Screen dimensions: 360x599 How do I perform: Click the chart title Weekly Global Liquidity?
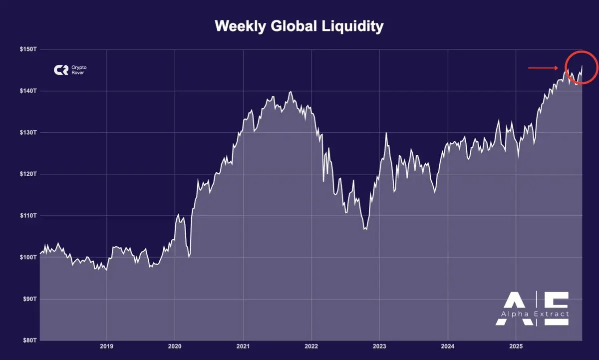click(x=299, y=26)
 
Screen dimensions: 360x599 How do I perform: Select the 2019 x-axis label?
click(x=106, y=346)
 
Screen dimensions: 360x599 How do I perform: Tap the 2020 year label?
click(x=175, y=346)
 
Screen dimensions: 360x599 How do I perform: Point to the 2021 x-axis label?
click(x=243, y=346)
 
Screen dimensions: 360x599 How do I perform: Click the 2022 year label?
click(x=311, y=346)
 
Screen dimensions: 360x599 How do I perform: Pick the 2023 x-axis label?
click(x=379, y=346)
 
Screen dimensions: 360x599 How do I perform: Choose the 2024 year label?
click(x=448, y=346)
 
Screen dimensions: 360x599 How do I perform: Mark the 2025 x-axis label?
click(x=516, y=346)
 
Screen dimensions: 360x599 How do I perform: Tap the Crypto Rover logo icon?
click(x=61, y=70)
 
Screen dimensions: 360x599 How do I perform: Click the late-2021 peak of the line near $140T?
click(x=291, y=92)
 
